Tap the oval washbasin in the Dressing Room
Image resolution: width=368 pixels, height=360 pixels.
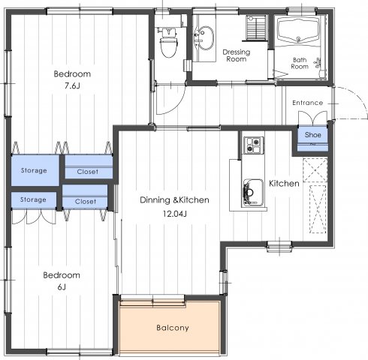[x=206, y=37]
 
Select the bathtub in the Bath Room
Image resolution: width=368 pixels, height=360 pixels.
[x=298, y=29]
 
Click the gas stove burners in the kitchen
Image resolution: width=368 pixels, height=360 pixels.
[x=253, y=145]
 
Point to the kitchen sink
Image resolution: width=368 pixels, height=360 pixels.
[x=253, y=193]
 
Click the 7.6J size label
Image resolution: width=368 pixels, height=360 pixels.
[x=72, y=86]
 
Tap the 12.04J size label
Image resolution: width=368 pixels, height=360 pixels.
[x=174, y=214]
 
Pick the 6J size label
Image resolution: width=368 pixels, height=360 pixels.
[x=62, y=287]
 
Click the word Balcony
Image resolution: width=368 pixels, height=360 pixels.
[x=173, y=328]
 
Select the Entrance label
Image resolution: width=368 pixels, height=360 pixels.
[x=308, y=103]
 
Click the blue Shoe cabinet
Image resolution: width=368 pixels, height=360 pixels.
[x=312, y=138]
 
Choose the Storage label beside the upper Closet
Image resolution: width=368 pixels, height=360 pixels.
[x=34, y=170]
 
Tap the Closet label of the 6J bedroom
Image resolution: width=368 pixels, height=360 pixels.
[x=86, y=202]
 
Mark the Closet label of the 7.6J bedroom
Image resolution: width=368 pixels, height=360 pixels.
[x=88, y=172]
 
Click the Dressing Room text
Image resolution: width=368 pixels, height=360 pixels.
[x=237, y=55]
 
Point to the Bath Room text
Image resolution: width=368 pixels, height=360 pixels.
[x=300, y=63]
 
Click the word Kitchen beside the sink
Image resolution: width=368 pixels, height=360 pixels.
[x=284, y=184]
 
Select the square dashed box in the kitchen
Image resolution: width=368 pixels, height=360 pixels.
[x=315, y=169]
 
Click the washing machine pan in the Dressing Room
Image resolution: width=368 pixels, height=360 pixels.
[x=256, y=28]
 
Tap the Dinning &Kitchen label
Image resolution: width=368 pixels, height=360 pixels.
[x=174, y=200]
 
